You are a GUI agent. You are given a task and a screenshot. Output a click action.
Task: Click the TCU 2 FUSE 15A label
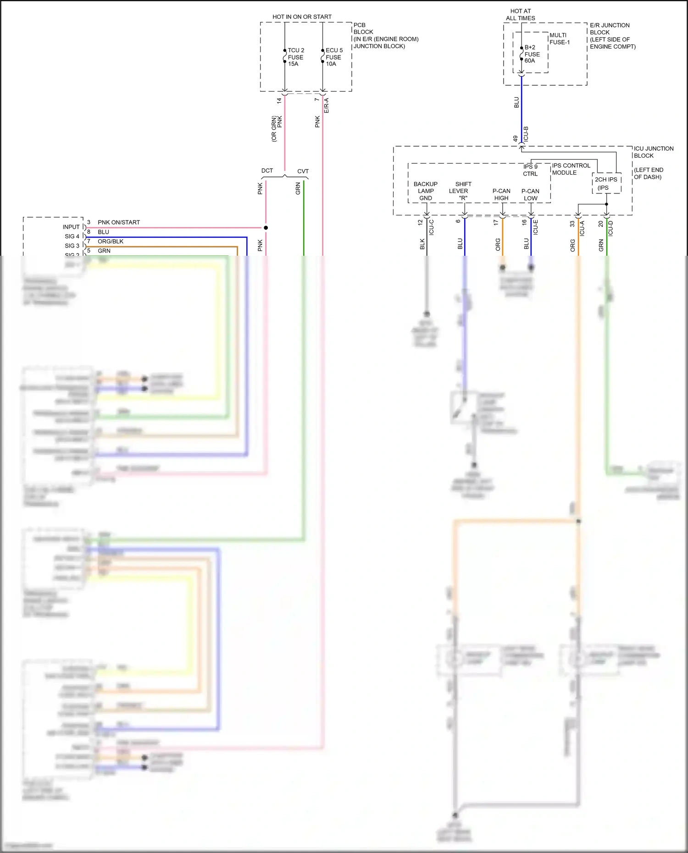(x=295, y=57)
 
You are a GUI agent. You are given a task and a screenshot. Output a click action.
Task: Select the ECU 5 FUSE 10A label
(x=333, y=57)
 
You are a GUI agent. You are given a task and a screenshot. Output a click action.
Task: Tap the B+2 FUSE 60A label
(x=532, y=54)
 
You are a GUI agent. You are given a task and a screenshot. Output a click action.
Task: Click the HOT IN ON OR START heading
(x=302, y=17)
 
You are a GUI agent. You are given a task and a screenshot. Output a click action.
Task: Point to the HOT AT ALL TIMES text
(x=520, y=15)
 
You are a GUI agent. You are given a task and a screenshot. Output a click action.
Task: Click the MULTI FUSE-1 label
(x=559, y=39)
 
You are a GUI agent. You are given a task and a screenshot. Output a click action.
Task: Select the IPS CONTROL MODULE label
(x=571, y=169)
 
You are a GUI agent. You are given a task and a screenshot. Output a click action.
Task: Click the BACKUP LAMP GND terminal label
(x=425, y=191)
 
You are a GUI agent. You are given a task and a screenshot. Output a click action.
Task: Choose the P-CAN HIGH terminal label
(x=501, y=195)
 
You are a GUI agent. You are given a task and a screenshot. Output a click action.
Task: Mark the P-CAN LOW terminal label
(x=530, y=195)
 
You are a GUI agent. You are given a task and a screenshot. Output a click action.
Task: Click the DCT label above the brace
(x=267, y=171)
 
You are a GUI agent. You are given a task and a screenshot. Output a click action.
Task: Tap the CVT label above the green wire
(x=303, y=171)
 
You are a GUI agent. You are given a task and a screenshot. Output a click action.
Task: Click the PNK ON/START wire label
(x=119, y=222)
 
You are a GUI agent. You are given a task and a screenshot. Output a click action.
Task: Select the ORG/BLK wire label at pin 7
(x=111, y=242)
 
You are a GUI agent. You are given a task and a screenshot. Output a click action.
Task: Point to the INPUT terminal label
(x=71, y=227)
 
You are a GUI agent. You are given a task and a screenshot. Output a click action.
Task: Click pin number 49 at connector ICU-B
(x=516, y=138)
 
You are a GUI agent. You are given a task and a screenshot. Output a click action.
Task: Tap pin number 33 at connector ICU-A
(x=572, y=224)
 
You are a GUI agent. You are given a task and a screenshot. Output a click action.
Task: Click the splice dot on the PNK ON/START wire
(x=266, y=228)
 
